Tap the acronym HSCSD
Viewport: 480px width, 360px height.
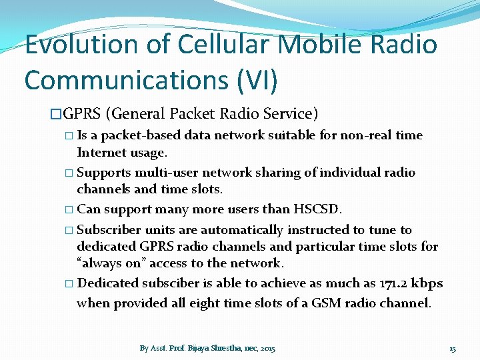pos(317,209)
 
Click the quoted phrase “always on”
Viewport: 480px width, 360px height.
pos(117,263)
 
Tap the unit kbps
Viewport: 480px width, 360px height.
pos(427,283)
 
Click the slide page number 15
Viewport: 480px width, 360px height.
pos(453,348)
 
